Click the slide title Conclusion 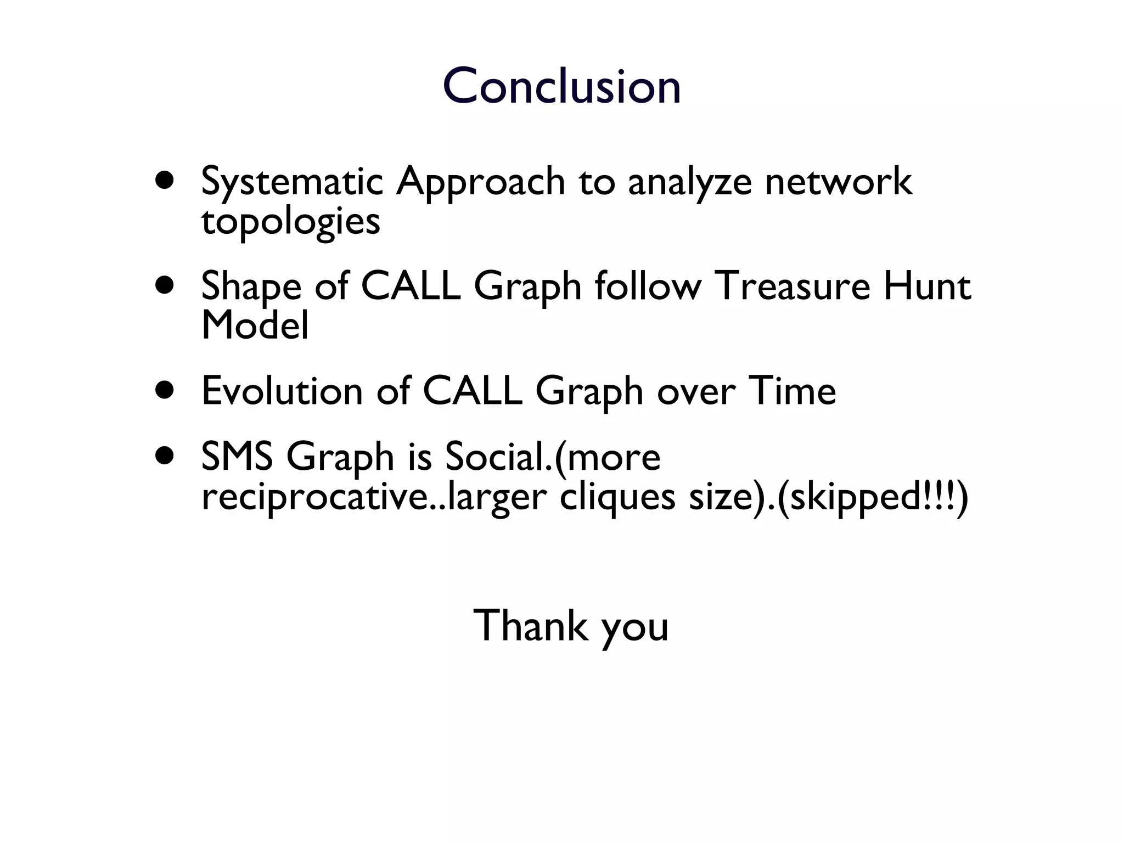point(561,86)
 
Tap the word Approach point(480,183)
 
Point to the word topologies point(290,222)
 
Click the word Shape point(251,287)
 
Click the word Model point(255,325)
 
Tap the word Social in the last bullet point(492,457)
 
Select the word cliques point(617,497)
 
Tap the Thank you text point(571,626)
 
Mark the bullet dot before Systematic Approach point(165,180)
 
